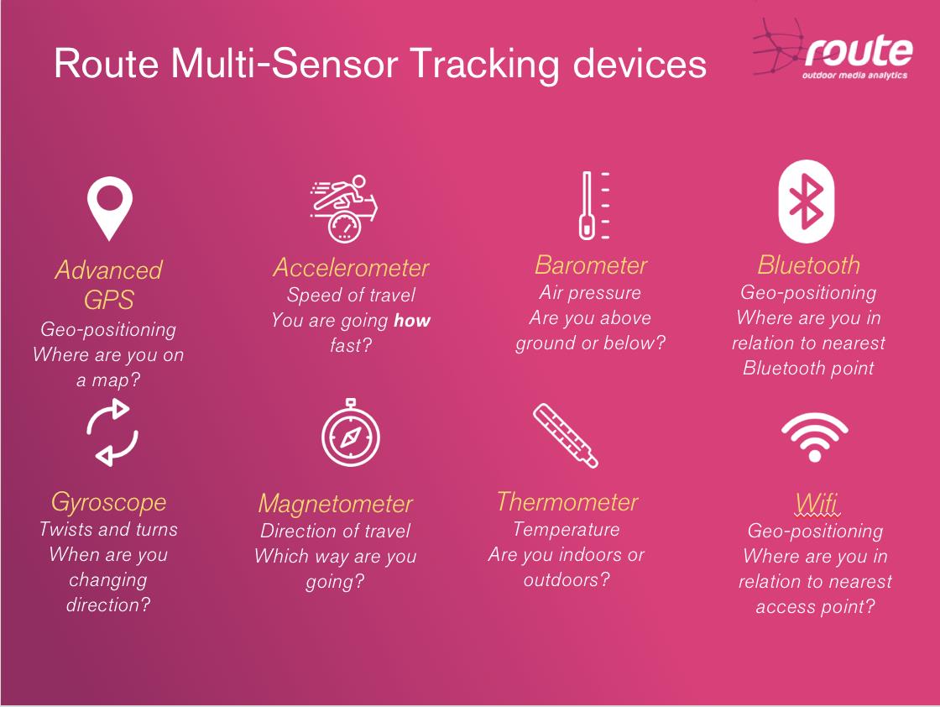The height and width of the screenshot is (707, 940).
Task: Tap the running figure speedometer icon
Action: click(x=344, y=209)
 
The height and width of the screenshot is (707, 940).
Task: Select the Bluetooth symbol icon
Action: click(x=807, y=202)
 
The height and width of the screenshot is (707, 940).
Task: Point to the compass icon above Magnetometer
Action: click(x=351, y=433)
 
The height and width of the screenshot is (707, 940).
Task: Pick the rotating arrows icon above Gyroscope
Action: click(x=112, y=432)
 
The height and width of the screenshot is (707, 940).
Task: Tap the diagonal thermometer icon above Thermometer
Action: click(x=566, y=435)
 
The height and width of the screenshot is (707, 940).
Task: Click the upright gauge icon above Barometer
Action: click(x=594, y=206)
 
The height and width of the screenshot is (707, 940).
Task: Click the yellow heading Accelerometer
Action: click(x=351, y=268)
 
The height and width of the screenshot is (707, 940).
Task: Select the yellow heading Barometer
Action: click(x=591, y=265)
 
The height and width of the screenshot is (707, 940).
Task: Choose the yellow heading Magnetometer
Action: click(x=336, y=504)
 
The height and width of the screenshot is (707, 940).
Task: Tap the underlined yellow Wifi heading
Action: click(x=817, y=502)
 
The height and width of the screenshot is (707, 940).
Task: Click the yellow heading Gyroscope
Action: click(x=108, y=502)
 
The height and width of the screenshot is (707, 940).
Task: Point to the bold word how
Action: click(x=412, y=320)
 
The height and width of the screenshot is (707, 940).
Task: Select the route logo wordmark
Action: click(x=859, y=51)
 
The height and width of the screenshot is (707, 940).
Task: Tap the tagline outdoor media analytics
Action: click(x=854, y=76)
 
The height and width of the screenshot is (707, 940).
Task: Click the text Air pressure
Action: click(x=590, y=293)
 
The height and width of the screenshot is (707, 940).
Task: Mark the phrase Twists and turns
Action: click(x=108, y=529)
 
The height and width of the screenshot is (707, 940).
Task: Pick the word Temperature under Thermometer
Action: click(x=567, y=530)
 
